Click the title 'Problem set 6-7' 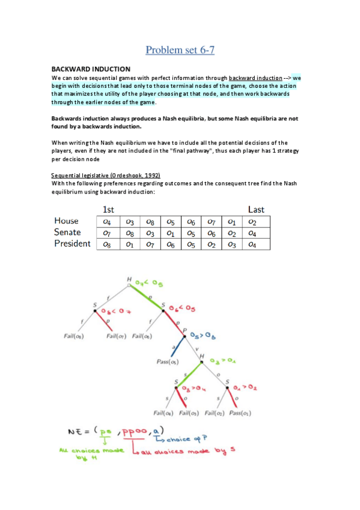click(x=180, y=50)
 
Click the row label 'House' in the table click(x=66, y=221)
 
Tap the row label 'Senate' click(x=68, y=232)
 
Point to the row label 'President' click(x=72, y=244)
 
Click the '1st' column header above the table click(x=109, y=210)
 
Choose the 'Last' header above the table click(x=256, y=210)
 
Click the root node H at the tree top click(x=129, y=279)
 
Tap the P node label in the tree click(x=184, y=330)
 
